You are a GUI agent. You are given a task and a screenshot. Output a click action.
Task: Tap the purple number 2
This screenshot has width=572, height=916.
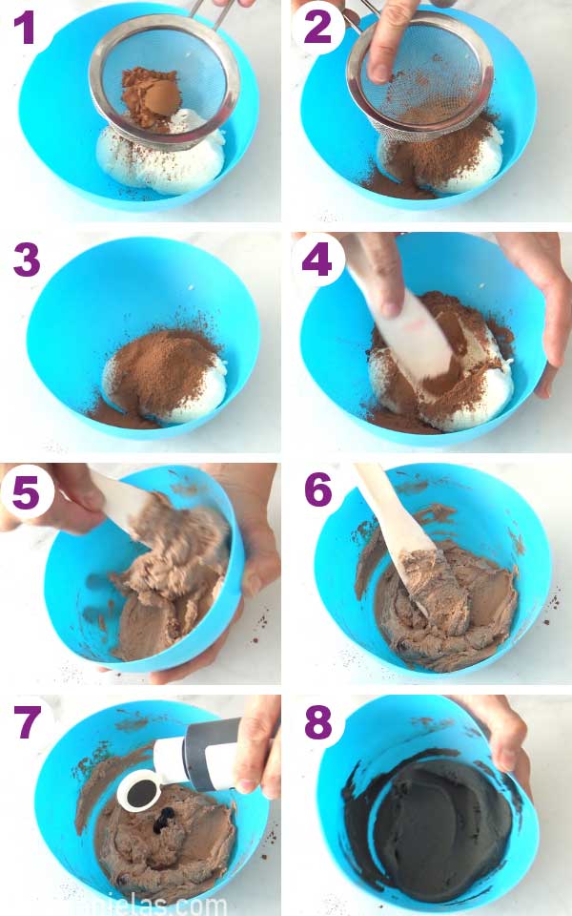(317, 30)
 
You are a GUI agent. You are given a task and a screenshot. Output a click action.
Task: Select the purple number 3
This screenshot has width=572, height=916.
(26, 259)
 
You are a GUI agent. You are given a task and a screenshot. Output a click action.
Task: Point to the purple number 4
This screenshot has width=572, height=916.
(317, 260)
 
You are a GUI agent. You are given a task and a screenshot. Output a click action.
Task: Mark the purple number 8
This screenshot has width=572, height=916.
(317, 722)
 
